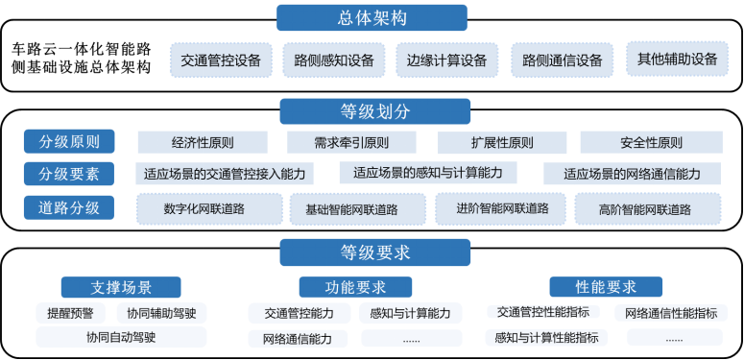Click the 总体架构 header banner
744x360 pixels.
pyautogui.click(x=372, y=17)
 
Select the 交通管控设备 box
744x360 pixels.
pyautogui.click(x=221, y=60)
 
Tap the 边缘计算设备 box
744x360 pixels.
pyautogui.click(x=446, y=60)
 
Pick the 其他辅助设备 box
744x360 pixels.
pyautogui.click(x=677, y=59)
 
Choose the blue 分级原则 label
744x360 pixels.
pyautogui.click(x=69, y=142)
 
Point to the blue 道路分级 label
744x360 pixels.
pyautogui.click(x=69, y=206)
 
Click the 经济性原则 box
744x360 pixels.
pyautogui.click(x=203, y=143)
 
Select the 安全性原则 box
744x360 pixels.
pyautogui.click(x=651, y=143)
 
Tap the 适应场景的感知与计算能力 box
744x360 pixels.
pyautogui.click(x=428, y=173)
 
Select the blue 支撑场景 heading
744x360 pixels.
pyautogui.click(x=121, y=287)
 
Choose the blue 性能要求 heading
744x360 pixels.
pyautogui.click(x=606, y=286)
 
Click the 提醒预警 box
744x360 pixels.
pyautogui.click(x=70, y=313)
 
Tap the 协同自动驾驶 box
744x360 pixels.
pyautogui.click(x=121, y=337)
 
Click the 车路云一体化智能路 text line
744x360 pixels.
pyautogui.click(x=83, y=48)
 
